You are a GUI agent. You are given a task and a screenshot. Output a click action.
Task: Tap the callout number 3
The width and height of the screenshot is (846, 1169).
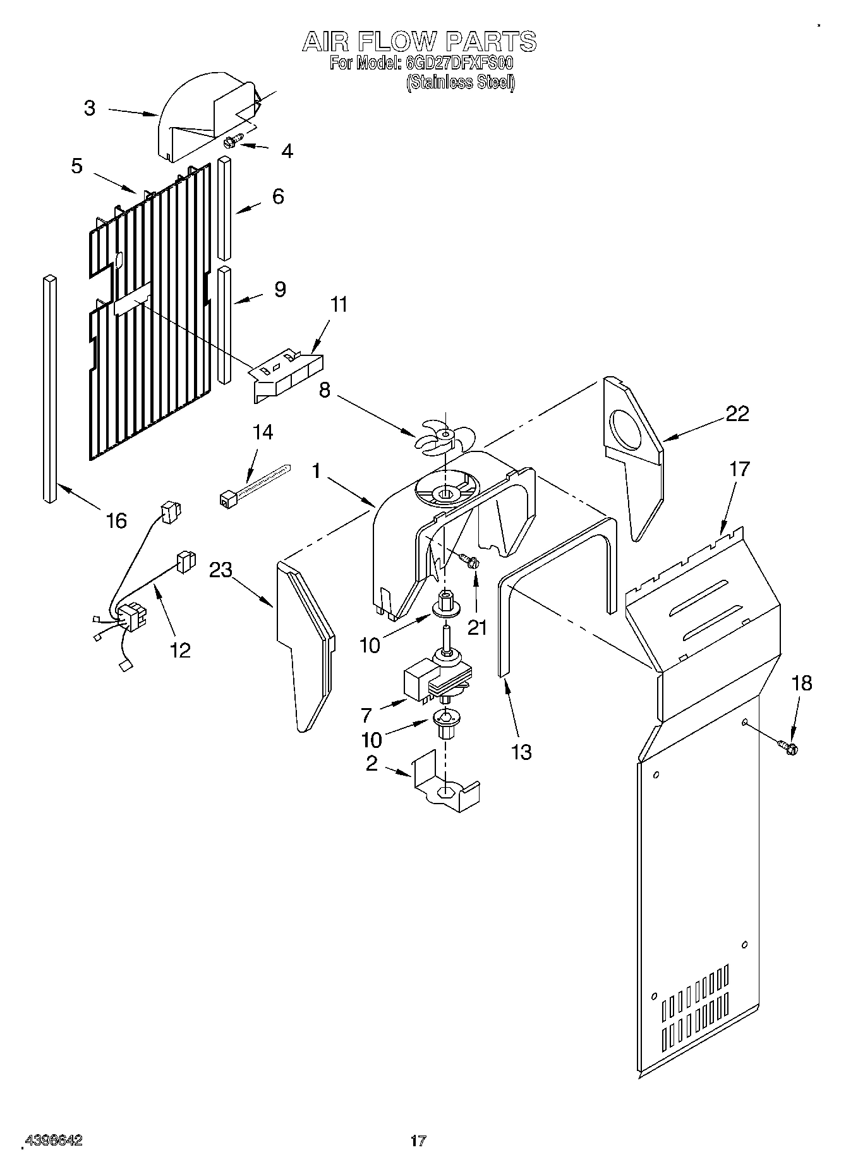tap(90, 108)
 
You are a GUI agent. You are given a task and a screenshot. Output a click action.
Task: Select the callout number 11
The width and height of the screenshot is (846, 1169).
tap(339, 305)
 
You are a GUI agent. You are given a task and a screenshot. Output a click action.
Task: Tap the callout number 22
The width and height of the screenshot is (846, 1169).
tap(737, 413)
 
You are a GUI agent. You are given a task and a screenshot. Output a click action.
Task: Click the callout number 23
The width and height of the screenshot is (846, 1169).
tap(221, 570)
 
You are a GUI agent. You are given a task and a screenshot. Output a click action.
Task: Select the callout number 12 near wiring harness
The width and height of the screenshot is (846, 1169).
tap(180, 650)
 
